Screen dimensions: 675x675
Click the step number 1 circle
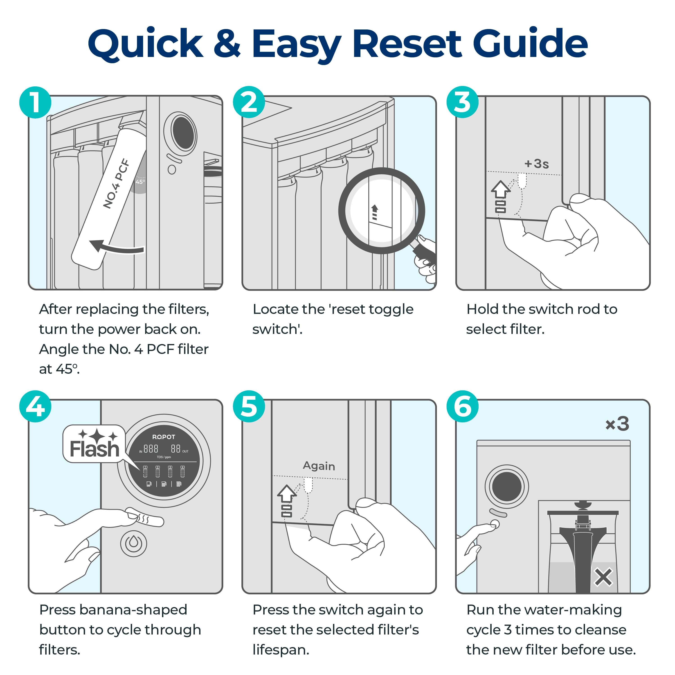35,102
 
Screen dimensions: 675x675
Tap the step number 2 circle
249,102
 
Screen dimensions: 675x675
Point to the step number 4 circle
35,406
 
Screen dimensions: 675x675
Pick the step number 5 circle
249,406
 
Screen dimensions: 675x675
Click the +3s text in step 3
537,164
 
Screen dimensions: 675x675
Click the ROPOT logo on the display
164,437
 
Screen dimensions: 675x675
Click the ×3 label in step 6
617,424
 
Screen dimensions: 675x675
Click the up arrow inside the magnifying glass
375,211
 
